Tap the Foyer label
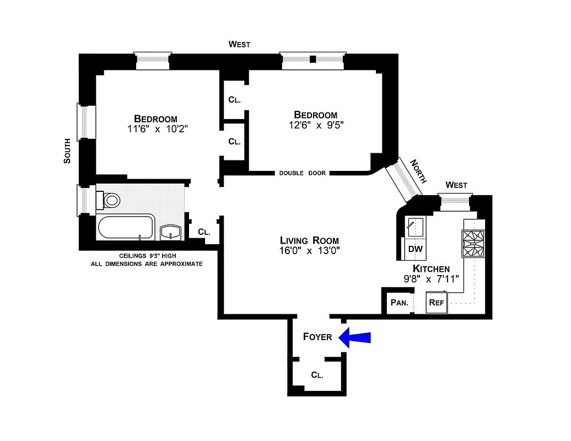click(x=317, y=337)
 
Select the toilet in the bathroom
click(x=110, y=200)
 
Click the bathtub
click(x=126, y=227)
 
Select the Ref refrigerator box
click(x=436, y=303)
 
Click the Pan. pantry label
click(x=398, y=303)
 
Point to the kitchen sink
click(x=414, y=227)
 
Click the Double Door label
click(x=302, y=173)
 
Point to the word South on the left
click(x=67, y=150)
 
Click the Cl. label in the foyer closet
click(x=317, y=375)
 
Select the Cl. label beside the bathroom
click(x=203, y=232)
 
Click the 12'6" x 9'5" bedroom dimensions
click(x=315, y=125)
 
